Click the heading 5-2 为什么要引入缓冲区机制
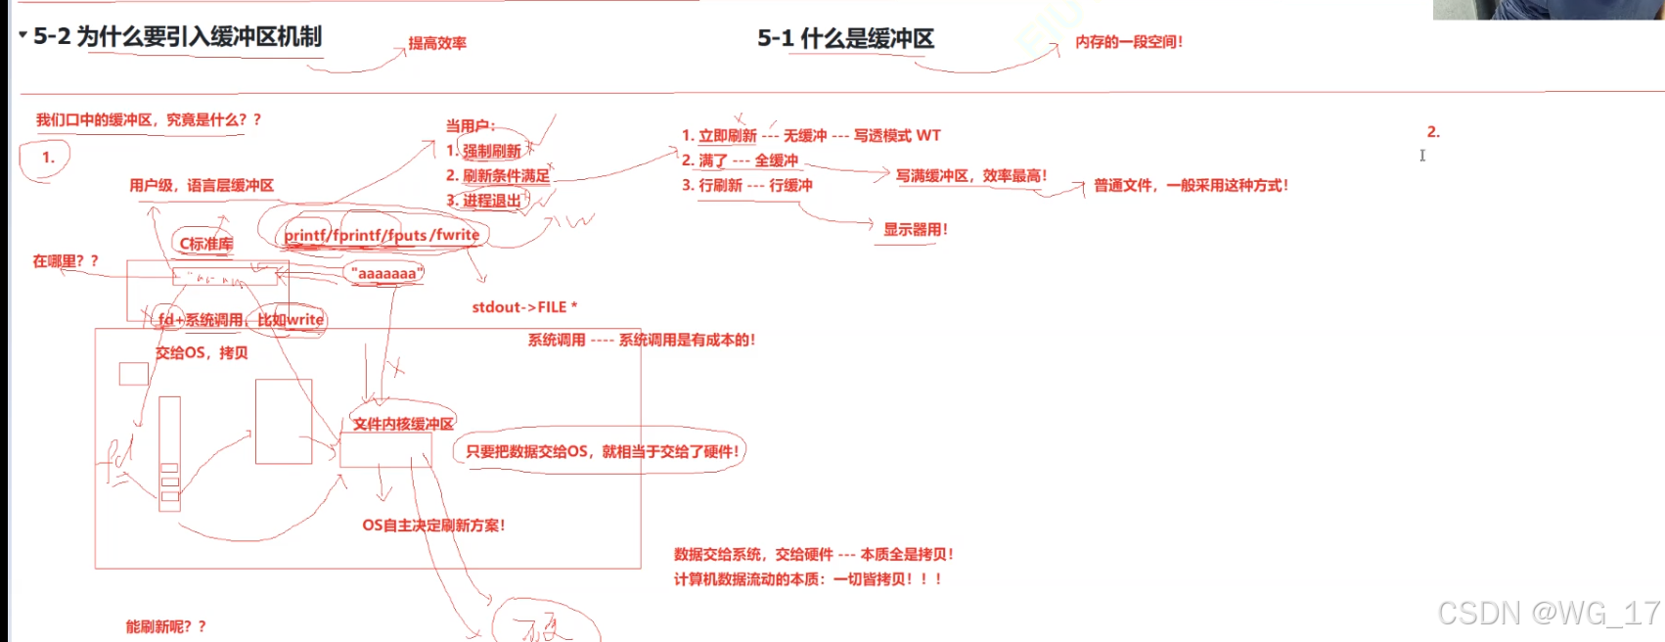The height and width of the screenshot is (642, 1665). (x=177, y=37)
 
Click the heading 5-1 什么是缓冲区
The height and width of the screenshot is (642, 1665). (x=845, y=39)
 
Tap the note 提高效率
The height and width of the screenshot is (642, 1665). (x=437, y=43)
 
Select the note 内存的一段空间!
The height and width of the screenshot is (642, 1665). (x=1129, y=42)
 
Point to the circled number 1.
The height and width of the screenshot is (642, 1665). (x=47, y=157)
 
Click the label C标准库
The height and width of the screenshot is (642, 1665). (x=205, y=244)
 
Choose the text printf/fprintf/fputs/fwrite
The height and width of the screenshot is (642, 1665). (x=382, y=235)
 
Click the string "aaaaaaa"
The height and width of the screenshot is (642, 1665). (x=387, y=274)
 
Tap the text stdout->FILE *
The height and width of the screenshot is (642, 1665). (x=524, y=307)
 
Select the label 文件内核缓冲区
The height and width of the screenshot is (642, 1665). (x=403, y=424)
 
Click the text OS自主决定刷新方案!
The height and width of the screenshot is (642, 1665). (x=433, y=526)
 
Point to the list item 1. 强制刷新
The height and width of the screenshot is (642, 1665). (x=483, y=151)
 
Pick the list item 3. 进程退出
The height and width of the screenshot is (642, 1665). (x=483, y=201)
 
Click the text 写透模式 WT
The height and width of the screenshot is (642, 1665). (x=896, y=135)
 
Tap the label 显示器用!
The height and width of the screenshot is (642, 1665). (x=915, y=230)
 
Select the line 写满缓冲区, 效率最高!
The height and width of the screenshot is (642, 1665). (x=970, y=176)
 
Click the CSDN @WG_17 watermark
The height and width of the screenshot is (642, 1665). (x=1548, y=614)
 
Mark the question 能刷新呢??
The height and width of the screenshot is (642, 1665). (x=165, y=626)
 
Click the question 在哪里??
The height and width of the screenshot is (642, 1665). (x=66, y=261)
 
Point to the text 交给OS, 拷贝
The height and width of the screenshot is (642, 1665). (x=202, y=352)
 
